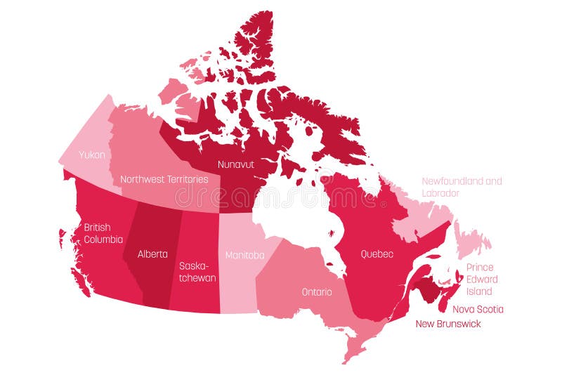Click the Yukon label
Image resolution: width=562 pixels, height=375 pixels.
pos(93,154)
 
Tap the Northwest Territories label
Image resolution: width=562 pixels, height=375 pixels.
pos(164,179)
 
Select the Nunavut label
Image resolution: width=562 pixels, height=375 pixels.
pos(235,164)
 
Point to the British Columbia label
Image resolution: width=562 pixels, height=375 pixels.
pos(103,233)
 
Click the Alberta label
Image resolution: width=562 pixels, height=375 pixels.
pos(152,254)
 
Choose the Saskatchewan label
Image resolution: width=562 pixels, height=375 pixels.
pos(197,272)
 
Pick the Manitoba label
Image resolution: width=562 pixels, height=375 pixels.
pos(244,255)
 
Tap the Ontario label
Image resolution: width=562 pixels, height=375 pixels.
pos(317,291)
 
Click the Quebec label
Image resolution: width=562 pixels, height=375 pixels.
pos(377,254)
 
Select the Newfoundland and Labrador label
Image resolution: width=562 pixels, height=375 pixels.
pos(462,187)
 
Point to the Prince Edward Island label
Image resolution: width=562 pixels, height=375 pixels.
pos(480,279)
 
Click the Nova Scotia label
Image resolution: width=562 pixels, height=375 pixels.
pos(478,309)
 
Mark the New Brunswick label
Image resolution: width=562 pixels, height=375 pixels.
pos(448,324)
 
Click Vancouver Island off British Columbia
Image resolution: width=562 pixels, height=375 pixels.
pos(79,278)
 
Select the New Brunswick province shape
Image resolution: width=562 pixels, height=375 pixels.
pos(426,288)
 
